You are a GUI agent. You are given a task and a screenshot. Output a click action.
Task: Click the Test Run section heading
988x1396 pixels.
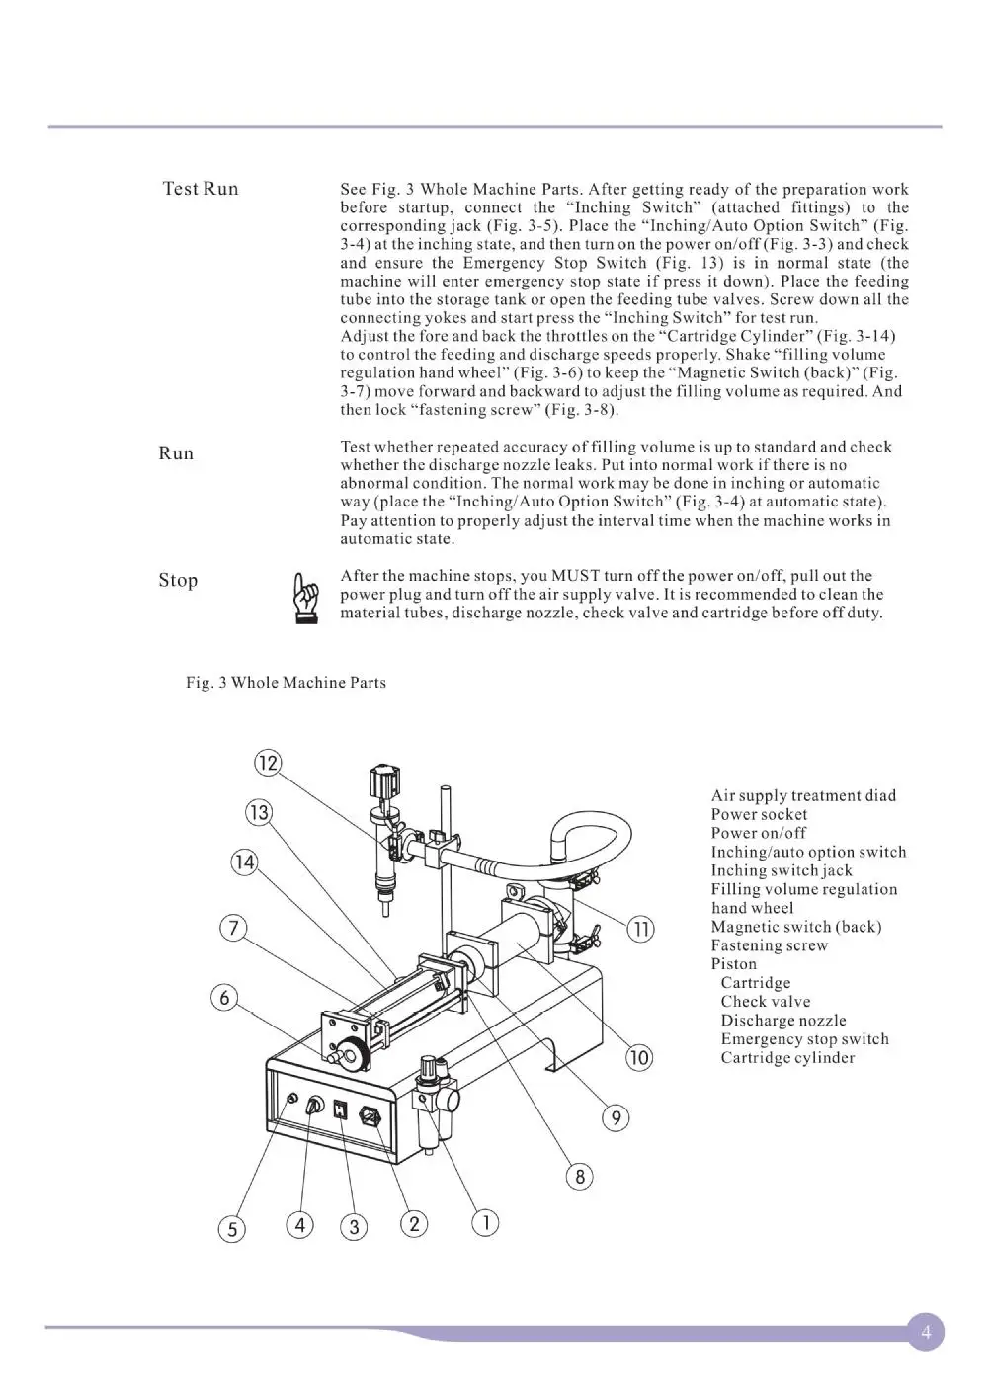point(201,189)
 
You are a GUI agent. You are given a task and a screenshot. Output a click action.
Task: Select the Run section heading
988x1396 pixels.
point(176,453)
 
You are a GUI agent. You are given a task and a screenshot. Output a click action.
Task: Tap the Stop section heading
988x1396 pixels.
point(178,580)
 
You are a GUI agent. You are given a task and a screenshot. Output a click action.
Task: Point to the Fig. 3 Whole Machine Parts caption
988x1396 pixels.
point(287,683)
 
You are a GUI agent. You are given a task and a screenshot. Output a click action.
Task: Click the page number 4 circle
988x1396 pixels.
point(925,1332)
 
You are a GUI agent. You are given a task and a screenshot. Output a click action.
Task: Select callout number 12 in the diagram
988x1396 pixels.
point(268,763)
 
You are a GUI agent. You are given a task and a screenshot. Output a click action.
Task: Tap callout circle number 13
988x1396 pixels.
point(259,812)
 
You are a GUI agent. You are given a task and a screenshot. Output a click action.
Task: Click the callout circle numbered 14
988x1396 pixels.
point(243,862)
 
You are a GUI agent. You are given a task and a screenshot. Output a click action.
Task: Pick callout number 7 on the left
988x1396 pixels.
point(231,929)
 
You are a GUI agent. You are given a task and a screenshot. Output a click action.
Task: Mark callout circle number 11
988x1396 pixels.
point(641,929)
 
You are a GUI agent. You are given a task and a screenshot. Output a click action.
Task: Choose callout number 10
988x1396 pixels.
point(639,1058)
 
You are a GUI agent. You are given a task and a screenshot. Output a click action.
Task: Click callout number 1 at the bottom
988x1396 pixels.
point(485,1223)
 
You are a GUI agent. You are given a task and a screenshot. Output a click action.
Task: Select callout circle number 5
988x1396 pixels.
point(231,1229)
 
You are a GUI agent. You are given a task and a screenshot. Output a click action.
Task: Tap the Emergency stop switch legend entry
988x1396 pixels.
point(804,1039)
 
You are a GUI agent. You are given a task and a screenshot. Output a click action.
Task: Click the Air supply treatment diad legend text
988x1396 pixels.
point(803,796)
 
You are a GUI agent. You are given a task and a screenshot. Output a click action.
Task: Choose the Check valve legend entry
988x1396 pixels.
point(765,1002)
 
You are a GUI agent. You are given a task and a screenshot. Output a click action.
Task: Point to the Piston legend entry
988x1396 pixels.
point(733,964)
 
